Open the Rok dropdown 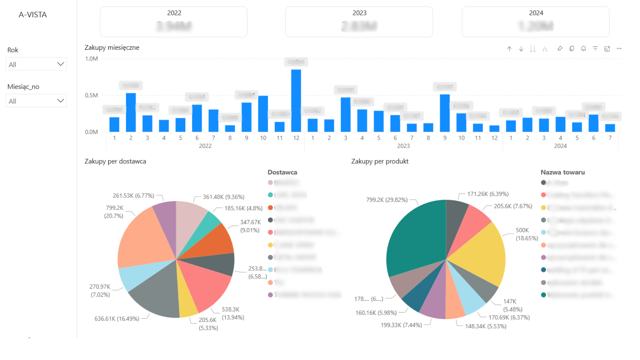tap(36, 64)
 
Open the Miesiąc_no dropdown tap(36, 101)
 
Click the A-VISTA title tap(33, 15)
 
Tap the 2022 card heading tap(174, 13)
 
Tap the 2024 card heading tap(536, 13)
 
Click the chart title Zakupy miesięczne tap(112, 48)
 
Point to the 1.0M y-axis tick tap(91, 59)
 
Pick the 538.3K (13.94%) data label tap(233, 313)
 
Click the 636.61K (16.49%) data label tap(117, 319)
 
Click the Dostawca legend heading tap(282, 172)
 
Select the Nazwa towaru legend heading tap(562, 172)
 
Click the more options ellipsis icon tap(619, 49)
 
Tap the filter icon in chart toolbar tap(595, 49)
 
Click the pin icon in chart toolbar tap(560, 49)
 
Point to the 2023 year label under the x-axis tap(403, 146)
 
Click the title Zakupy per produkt tap(380, 161)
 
